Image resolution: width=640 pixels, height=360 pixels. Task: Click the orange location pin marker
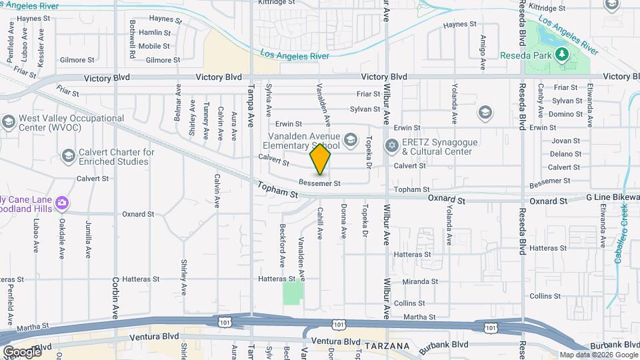(x=320, y=159)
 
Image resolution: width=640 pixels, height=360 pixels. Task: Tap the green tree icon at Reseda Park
(x=561, y=54)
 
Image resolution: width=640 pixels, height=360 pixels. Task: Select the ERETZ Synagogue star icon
(x=392, y=145)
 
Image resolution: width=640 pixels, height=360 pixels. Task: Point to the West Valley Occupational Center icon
(x=8, y=123)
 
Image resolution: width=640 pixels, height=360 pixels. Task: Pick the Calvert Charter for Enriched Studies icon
(x=68, y=156)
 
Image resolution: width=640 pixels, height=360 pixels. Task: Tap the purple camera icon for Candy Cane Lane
(x=62, y=202)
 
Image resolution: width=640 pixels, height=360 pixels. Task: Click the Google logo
(x=21, y=351)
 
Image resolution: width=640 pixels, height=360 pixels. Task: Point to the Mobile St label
(x=155, y=46)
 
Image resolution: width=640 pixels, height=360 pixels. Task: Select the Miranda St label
(x=421, y=282)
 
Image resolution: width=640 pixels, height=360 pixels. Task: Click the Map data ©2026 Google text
(x=597, y=355)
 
